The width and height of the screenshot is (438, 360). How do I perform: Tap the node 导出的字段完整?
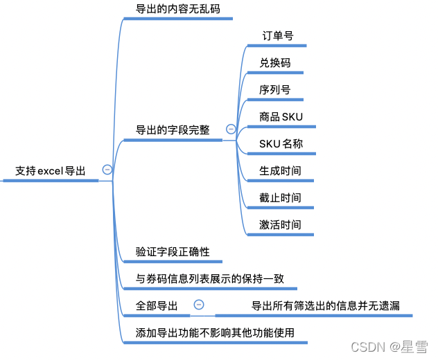pos(173,129)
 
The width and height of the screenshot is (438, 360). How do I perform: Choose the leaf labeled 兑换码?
pos(275,62)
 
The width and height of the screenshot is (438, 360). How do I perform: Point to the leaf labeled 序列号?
pos(275,89)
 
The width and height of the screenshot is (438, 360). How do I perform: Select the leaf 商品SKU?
pos(281,116)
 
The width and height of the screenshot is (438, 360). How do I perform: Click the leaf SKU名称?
pos(281,143)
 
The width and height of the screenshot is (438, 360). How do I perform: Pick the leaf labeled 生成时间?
pos(281,170)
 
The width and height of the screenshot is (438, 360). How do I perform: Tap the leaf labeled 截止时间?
pos(281,197)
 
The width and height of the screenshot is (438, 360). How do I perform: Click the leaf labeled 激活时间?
pos(281,224)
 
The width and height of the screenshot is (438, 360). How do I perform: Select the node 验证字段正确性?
pos(173,251)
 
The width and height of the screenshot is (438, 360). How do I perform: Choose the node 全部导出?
pos(157,305)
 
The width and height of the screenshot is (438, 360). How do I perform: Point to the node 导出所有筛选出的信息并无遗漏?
pos(326,305)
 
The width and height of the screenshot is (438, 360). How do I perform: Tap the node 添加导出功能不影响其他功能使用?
pos(216,332)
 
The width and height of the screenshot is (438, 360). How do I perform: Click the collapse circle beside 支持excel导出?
pos(107,170)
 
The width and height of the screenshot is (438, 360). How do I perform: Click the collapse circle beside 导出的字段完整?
pos(231,129)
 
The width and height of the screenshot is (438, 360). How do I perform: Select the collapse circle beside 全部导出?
pos(199,305)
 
